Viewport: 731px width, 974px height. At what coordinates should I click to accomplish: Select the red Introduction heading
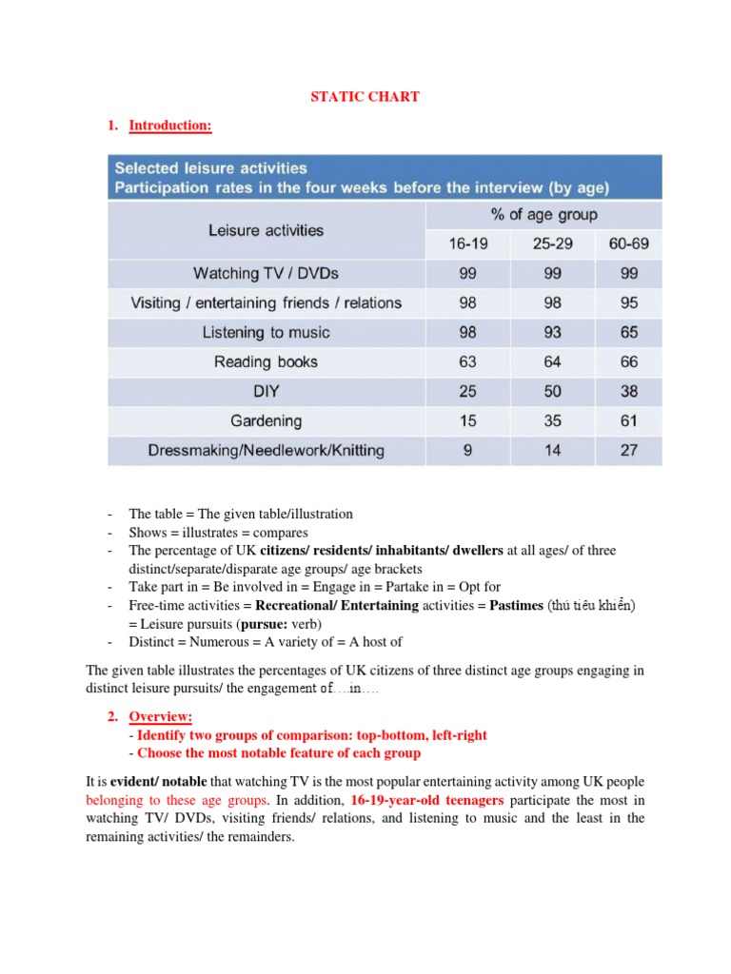pyautogui.click(x=170, y=125)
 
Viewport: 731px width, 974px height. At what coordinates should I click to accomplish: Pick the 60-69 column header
pyautogui.click(x=628, y=244)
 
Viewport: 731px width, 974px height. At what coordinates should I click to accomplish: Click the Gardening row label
pyautogui.click(x=266, y=420)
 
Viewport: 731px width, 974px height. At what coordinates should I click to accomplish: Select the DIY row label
pyautogui.click(x=266, y=391)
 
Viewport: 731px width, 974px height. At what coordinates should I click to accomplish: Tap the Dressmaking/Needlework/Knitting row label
pyautogui.click(x=266, y=450)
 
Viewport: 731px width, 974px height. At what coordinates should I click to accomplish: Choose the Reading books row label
pyautogui.click(x=266, y=361)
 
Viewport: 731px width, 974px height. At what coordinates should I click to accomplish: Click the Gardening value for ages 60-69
pyautogui.click(x=628, y=420)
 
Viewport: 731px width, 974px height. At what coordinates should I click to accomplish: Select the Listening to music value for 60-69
pyautogui.click(x=628, y=333)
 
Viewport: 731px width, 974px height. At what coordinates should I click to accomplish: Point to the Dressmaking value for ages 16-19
pyautogui.click(x=467, y=450)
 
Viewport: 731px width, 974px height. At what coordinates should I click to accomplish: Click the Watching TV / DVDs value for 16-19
pyautogui.click(x=467, y=274)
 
